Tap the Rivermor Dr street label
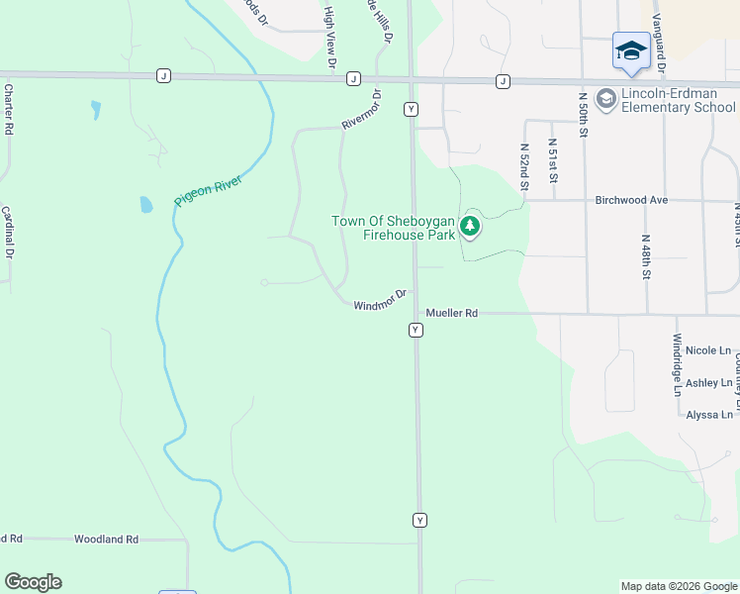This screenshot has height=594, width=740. [x=361, y=110]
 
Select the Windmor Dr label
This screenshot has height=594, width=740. [x=380, y=299]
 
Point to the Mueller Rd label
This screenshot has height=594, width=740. [x=452, y=313]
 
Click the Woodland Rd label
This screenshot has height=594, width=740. [x=106, y=540]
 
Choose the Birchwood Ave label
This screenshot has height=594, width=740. [x=632, y=200]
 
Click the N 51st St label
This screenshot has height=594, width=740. [x=553, y=160]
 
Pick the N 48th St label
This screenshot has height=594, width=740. [x=645, y=257]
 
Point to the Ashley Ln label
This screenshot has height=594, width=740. [x=708, y=382]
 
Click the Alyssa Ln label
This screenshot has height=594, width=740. [x=708, y=415]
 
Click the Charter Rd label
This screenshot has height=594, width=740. [x=8, y=109]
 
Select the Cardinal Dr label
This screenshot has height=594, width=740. [x=8, y=233]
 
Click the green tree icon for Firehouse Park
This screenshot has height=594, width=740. [x=470, y=228]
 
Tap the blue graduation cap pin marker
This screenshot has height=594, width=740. [x=630, y=50]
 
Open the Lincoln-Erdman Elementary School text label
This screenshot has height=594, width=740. [x=679, y=100]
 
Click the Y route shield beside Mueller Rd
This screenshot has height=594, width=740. [x=416, y=330]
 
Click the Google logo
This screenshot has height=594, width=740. [x=33, y=582]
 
